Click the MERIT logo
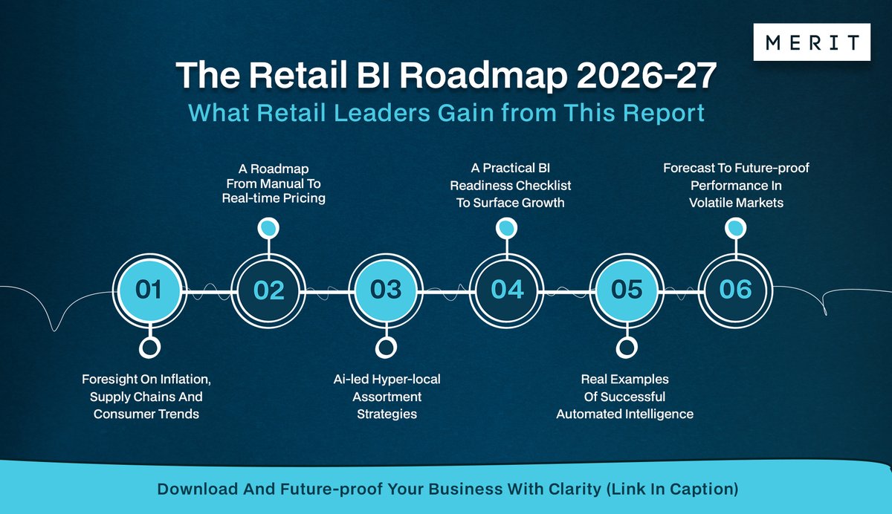(812, 42)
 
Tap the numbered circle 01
(149, 289)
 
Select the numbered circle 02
(268, 289)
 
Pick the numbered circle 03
(386, 289)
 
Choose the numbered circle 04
(507, 289)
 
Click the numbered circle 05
(626, 289)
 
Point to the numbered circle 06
(735, 289)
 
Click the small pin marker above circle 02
(268, 228)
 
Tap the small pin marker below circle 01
(149, 347)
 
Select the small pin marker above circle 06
(734, 228)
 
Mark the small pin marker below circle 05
(626, 347)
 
